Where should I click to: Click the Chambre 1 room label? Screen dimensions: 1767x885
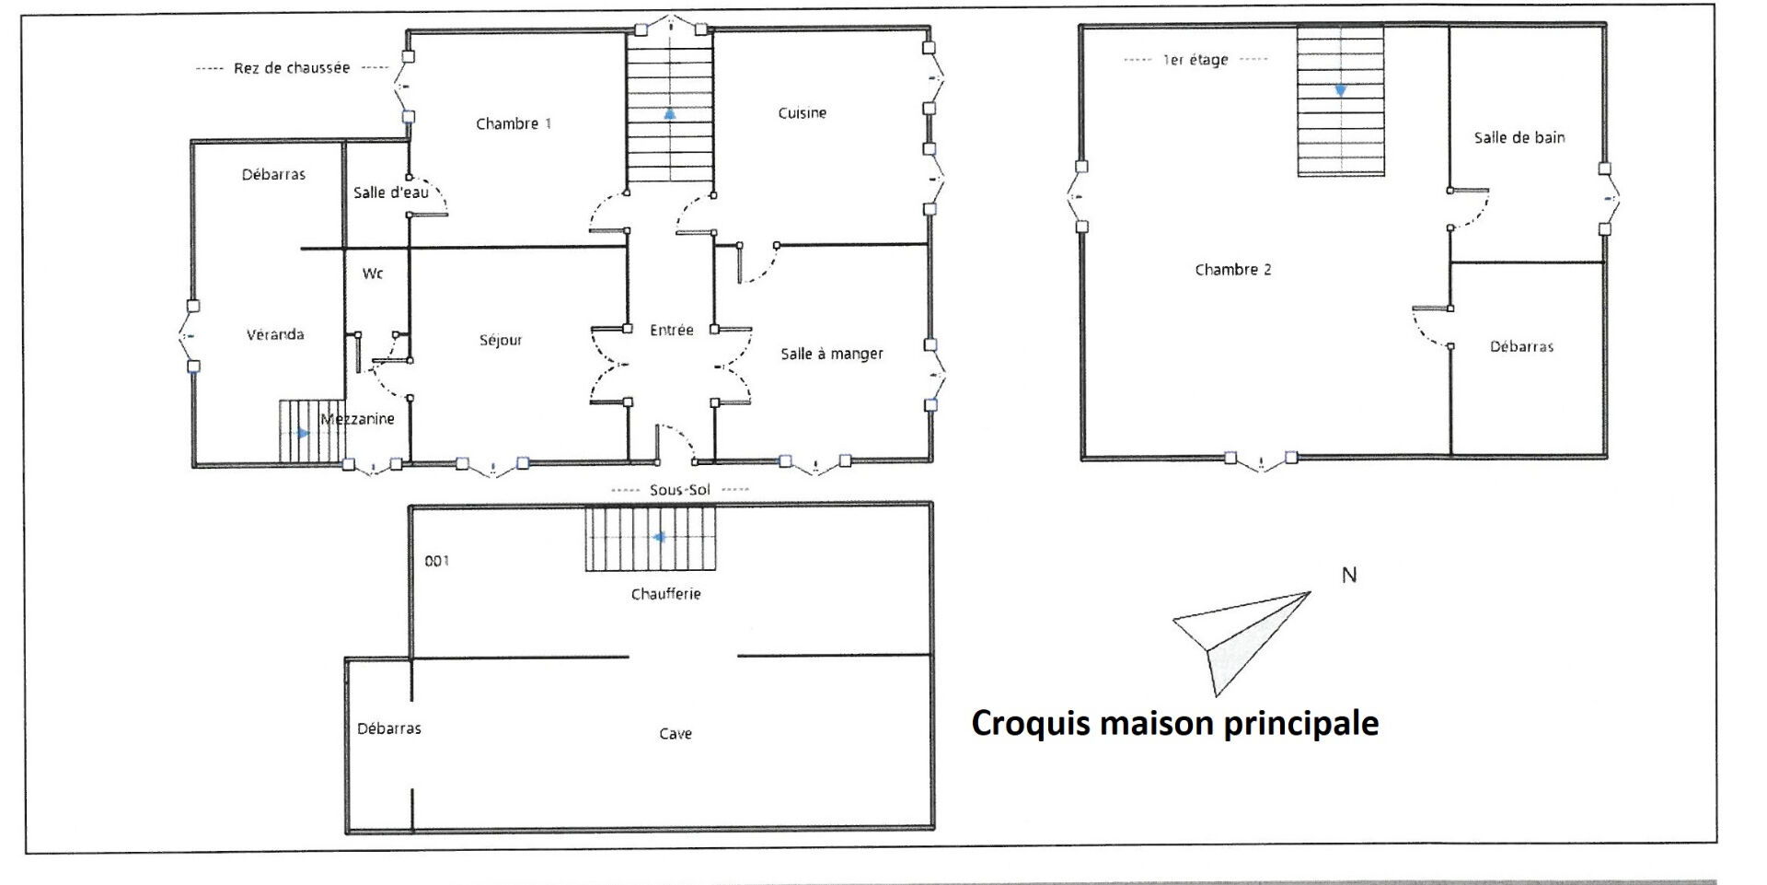point(514,123)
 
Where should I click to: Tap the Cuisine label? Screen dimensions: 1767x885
point(803,113)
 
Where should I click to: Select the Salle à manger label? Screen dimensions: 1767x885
point(832,354)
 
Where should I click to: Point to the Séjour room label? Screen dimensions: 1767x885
point(501,340)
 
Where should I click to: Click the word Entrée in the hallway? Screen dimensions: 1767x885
point(672,330)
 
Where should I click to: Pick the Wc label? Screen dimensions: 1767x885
point(373,274)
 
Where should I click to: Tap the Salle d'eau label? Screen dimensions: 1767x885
point(391,192)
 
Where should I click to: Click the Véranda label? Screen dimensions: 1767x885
point(275,334)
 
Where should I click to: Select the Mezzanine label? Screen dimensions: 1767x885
point(358,419)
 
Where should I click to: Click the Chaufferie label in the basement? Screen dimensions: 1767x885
point(666,594)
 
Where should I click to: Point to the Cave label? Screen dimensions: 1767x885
point(676,734)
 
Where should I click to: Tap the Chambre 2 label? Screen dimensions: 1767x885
point(1233,270)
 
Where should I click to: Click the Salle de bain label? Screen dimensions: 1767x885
point(1519,137)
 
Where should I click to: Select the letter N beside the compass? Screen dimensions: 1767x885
point(1349,576)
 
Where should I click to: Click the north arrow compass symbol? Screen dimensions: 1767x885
point(1242,642)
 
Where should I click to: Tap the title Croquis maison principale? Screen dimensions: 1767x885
point(1175,723)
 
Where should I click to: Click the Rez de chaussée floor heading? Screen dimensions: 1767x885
point(292,68)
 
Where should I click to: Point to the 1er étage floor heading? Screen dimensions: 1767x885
point(1195,60)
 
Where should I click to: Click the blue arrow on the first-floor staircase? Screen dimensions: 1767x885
point(1341,90)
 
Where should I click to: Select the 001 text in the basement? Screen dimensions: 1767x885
point(437,561)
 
